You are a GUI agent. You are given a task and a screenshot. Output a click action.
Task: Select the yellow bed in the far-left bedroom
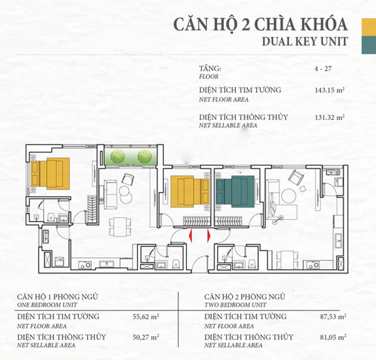[50, 173]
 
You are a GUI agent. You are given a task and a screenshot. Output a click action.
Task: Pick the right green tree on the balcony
[144, 156]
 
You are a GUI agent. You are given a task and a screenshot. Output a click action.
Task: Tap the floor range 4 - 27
[323, 69]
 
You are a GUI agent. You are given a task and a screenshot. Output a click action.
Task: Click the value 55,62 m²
[146, 317]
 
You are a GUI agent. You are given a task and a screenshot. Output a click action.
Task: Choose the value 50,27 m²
[146, 337]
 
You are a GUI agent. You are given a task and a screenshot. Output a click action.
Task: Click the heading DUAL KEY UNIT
[305, 41]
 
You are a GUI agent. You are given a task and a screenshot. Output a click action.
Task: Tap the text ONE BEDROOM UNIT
[47, 305]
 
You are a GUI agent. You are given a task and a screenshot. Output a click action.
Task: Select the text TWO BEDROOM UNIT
[235, 305]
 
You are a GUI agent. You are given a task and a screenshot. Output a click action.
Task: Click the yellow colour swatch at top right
[369, 27]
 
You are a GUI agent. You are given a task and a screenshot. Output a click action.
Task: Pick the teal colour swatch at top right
[369, 45]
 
